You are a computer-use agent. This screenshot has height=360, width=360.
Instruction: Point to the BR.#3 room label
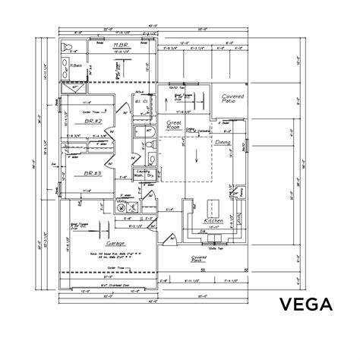(x=93, y=173)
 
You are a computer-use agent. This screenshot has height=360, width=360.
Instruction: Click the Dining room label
(x=223, y=141)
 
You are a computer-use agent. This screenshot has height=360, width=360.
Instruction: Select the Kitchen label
(x=213, y=221)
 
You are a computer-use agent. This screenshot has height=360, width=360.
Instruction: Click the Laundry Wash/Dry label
(x=147, y=173)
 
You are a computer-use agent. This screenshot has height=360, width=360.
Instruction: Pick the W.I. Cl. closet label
(x=141, y=100)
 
